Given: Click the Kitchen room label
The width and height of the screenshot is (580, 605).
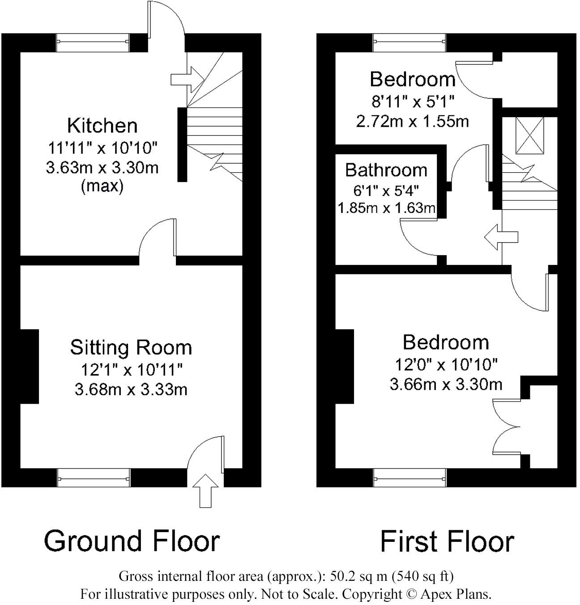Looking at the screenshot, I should [102, 126].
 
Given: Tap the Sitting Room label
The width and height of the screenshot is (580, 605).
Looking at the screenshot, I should [131, 347].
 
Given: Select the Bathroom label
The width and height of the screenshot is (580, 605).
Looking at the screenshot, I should [386, 170].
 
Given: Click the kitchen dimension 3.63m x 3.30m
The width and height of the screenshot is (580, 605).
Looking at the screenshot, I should [102, 168].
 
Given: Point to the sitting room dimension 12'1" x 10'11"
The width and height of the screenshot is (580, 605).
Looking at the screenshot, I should [131, 370].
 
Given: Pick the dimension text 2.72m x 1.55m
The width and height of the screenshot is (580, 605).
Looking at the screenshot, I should [412, 121].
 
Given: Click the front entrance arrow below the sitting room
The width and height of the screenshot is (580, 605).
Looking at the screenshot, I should [205, 490].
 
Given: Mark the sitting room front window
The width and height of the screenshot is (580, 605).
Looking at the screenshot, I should [94, 477].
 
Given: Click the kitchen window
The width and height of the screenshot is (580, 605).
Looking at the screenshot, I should [93, 43].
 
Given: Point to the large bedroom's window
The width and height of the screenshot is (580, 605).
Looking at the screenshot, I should [409, 477].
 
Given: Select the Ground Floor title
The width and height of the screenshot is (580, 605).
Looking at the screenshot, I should [132, 541].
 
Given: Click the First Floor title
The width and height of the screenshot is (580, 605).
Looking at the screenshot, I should [447, 541].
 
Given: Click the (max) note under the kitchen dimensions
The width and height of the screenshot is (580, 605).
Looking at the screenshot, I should [102, 186].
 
